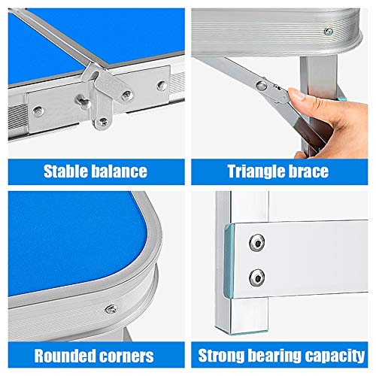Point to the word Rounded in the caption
point(65,356)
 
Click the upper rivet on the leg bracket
point(257,242)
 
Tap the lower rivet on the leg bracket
point(257,277)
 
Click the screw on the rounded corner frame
point(111,309)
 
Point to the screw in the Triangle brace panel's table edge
point(329,32)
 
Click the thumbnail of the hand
point(296,95)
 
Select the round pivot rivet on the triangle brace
point(262,86)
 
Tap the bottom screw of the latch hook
point(103,122)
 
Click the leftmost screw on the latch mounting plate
point(38,111)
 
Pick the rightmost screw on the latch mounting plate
point(162,86)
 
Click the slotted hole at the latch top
point(96,75)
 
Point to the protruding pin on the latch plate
point(83,101)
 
